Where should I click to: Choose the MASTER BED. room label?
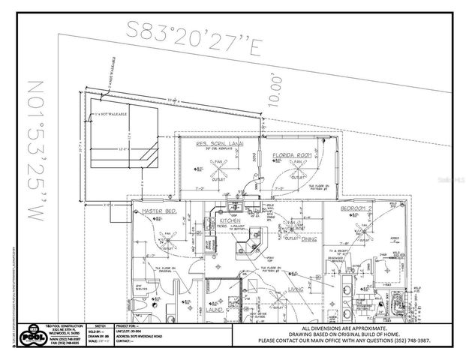[158, 213]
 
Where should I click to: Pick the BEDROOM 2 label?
[356, 208]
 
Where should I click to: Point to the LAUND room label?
[214, 308]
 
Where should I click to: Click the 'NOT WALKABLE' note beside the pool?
[109, 115]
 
